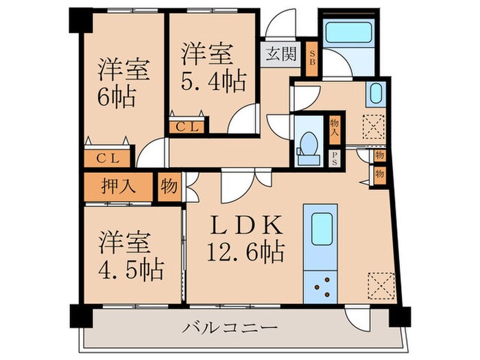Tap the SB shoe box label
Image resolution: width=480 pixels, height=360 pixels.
[x=311, y=53]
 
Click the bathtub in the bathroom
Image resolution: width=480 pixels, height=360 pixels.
[x=347, y=32]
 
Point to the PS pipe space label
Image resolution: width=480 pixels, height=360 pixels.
[x=335, y=158]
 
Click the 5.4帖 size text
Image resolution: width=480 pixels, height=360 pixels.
[x=213, y=82]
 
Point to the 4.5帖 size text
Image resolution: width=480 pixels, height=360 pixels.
[x=130, y=269]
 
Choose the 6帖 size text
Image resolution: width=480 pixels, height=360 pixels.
[x=115, y=93]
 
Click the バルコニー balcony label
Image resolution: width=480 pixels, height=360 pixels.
[x=230, y=328]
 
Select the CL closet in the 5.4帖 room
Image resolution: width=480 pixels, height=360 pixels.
[x=187, y=127]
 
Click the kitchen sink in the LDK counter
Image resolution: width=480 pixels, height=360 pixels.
[x=320, y=234]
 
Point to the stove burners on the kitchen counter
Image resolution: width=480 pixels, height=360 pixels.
[x=320, y=285]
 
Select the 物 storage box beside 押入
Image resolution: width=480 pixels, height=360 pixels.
[x=168, y=186]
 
